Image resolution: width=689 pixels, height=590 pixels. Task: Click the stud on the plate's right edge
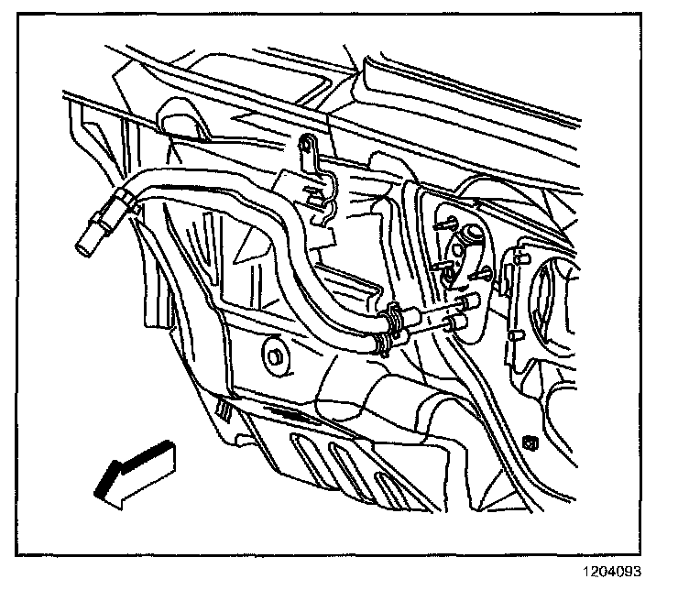(x=503, y=269)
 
